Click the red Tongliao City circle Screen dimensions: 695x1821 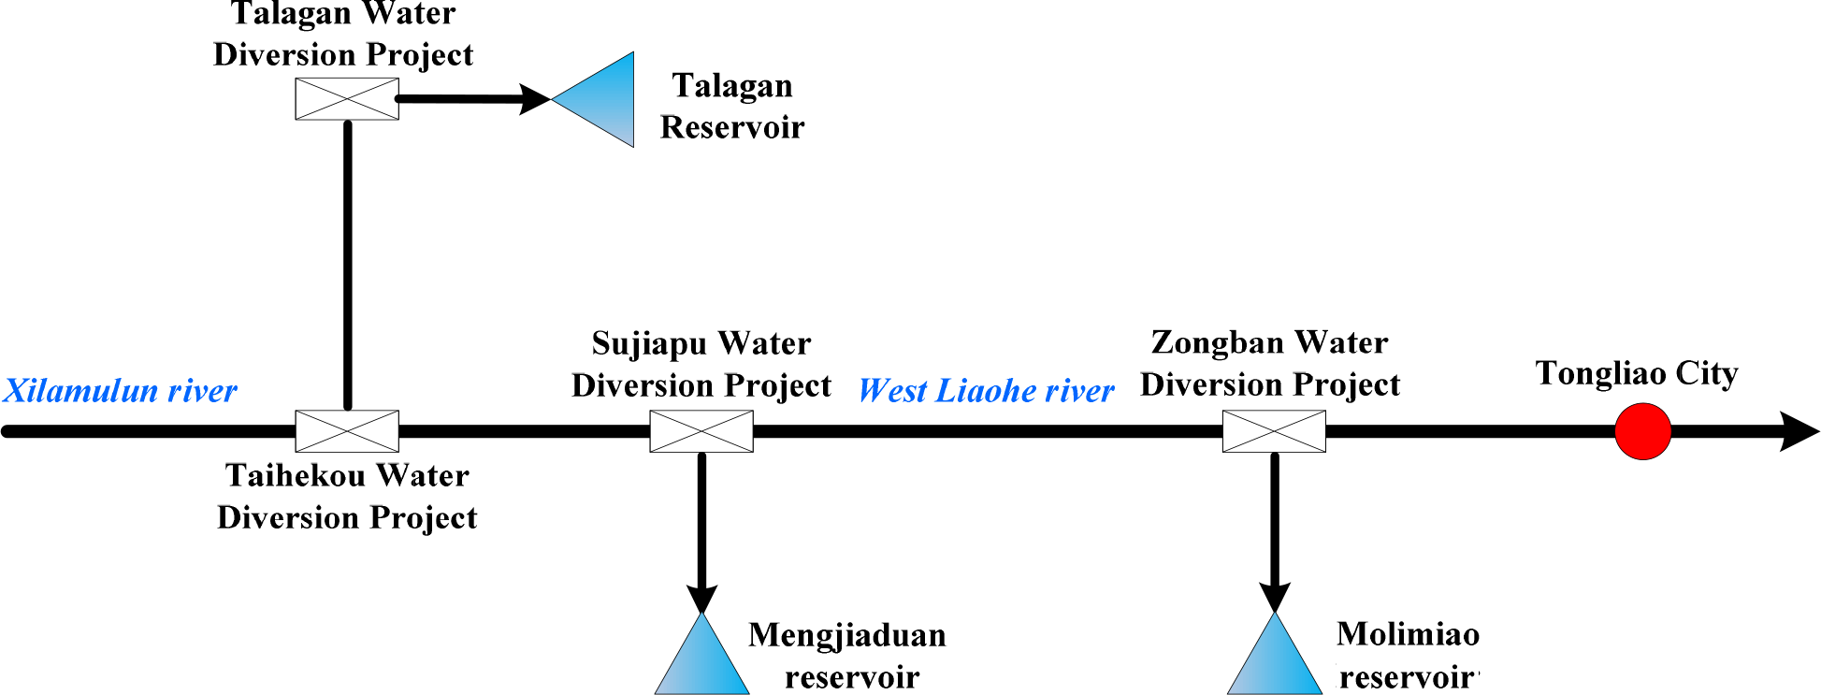pyautogui.click(x=1642, y=431)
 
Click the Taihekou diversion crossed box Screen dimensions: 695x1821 pyautogui.click(x=347, y=431)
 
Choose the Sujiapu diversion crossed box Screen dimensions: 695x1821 pyautogui.click(x=701, y=431)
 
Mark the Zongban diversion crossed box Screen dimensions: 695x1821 pyautogui.click(x=1274, y=431)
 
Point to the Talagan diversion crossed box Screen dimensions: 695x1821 pyautogui.click(x=347, y=99)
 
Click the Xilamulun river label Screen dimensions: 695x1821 pyautogui.click(x=121, y=391)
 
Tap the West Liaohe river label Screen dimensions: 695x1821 pyautogui.click(x=986, y=391)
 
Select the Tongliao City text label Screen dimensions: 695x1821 pyautogui.click(x=1637, y=373)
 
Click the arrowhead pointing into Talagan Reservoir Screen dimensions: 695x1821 pyautogui.click(x=536, y=99)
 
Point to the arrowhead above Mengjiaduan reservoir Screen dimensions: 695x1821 pyautogui.click(x=701, y=598)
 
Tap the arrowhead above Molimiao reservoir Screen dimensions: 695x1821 pyautogui.click(x=1274, y=598)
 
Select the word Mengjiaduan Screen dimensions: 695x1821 pyautogui.click(x=847, y=636)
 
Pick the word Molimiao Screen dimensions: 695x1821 pyautogui.click(x=1408, y=635)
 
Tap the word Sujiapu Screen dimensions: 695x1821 pyautogui.click(x=650, y=344)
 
